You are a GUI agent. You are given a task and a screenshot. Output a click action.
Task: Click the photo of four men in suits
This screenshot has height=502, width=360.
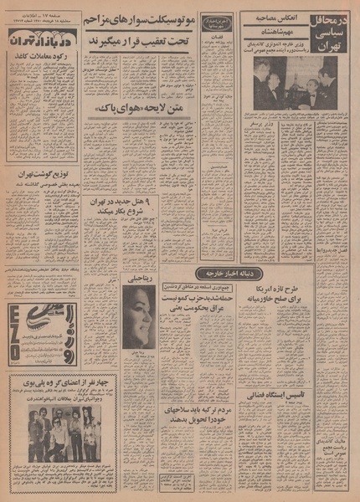(x=284, y=82)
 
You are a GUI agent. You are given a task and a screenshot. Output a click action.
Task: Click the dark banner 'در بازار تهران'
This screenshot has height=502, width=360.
(x=46, y=38)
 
